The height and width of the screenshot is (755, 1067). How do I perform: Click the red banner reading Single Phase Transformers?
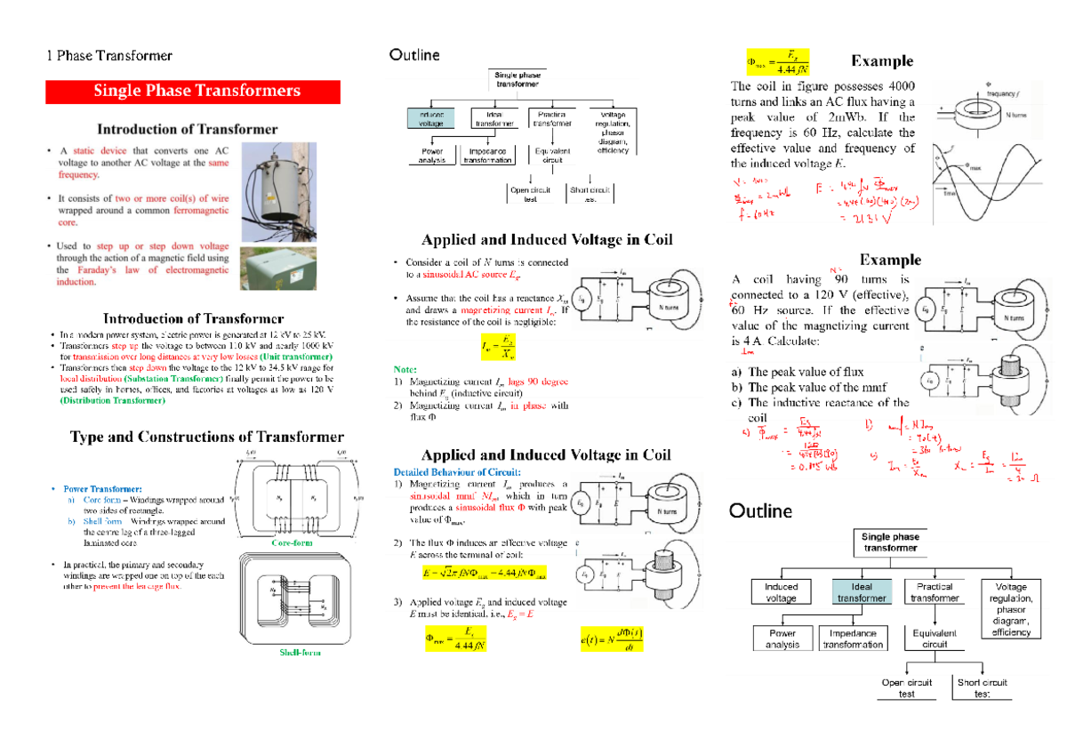tap(193, 92)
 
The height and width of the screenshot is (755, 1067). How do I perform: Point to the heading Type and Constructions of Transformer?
tap(206, 437)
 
